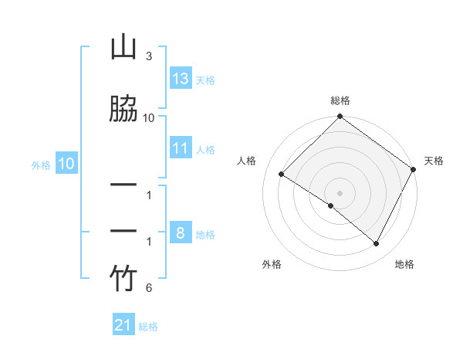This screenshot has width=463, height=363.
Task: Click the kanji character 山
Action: (123, 48)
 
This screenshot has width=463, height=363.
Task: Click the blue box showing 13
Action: (181, 79)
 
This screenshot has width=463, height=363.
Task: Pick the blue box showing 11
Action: (181, 148)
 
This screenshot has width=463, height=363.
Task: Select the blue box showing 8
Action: (181, 233)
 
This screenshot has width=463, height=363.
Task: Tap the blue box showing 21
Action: (123, 326)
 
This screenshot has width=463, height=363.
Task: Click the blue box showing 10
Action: (66, 164)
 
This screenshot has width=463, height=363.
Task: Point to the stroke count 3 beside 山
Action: (148, 56)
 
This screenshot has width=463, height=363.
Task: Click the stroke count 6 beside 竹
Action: (148, 288)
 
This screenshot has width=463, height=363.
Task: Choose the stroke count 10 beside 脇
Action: (149, 117)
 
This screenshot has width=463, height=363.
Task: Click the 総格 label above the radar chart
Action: (340, 100)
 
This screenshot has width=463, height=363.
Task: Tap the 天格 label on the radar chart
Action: (434, 161)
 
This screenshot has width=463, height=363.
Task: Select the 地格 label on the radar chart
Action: (404, 264)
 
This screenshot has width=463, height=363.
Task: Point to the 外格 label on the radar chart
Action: (272, 264)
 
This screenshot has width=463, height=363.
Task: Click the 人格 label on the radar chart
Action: (247, 161)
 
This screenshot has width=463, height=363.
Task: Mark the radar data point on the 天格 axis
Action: (413, 169)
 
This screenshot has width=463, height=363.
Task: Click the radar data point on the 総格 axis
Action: (340, 117)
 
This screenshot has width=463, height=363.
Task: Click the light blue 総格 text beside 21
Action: (148, 327)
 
